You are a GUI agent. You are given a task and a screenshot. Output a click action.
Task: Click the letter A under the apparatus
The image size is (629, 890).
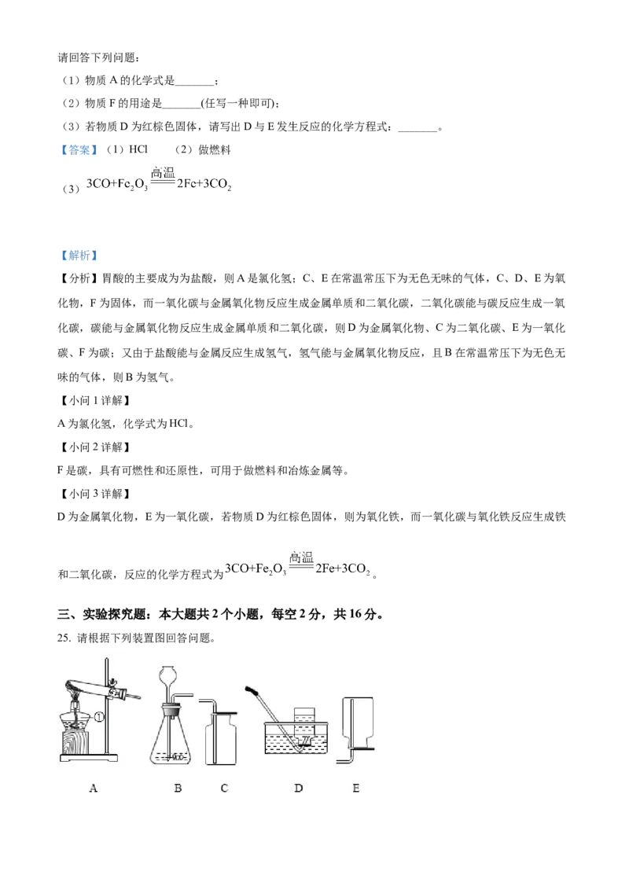[94, 788]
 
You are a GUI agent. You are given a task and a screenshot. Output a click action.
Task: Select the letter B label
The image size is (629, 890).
[178, 788]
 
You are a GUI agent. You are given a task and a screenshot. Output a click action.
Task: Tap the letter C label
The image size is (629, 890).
[224, 788]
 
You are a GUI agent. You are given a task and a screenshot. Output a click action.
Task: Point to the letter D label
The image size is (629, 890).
[299, 788]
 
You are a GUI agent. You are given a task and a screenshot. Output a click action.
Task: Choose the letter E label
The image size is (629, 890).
[355, 788]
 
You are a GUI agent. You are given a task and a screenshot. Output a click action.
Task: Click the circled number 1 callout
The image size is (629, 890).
[100, 716]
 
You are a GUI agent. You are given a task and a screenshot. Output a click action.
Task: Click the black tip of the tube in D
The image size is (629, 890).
[253, 691]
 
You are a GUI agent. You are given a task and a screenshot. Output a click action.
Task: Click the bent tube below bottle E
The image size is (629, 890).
[344, 757]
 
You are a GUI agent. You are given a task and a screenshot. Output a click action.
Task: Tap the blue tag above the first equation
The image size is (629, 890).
[79, 150]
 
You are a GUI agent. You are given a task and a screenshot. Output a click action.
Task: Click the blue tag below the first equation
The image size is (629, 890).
[79, 255]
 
